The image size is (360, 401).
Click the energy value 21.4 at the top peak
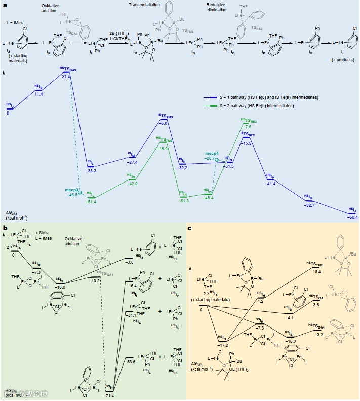[x=66, y=76]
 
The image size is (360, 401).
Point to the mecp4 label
[x=212, y=153]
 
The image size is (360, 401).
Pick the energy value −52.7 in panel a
[x=308, y=205]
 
